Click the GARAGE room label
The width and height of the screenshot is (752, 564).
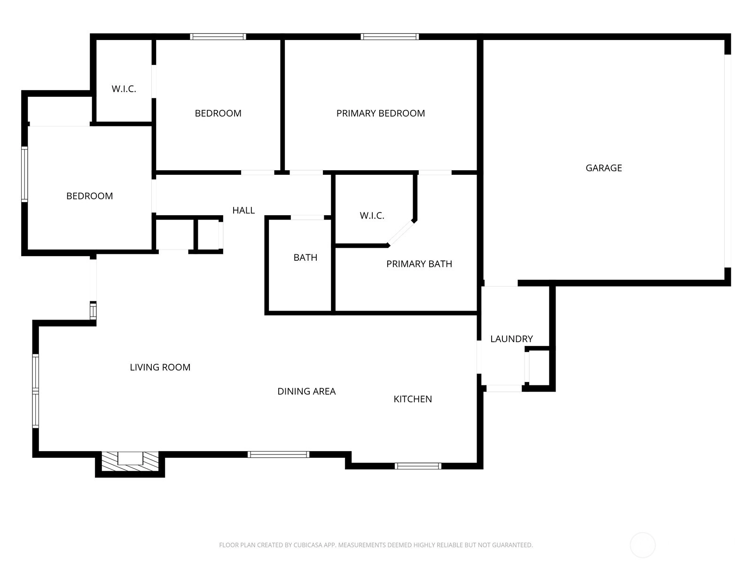(x=603, y=168)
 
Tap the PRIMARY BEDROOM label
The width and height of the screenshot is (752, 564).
(x=380, y=113)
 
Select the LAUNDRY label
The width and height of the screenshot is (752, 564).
(x=511, y=339)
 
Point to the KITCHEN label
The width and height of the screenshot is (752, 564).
(x=413, y=399)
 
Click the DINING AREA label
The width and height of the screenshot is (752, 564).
(x=306, y=391)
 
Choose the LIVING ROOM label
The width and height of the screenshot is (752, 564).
(x=160, y=367)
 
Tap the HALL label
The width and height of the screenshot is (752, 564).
(x=243, y=210)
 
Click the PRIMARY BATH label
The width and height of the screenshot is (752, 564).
(x=419, y=264)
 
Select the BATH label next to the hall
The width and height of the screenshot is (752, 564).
(x=305, y=258)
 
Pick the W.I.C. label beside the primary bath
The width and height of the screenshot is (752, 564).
(x=372, y=216)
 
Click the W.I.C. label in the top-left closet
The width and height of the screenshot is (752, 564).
(x=124, y=89)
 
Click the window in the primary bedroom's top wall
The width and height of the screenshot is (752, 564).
(x=390, y=37)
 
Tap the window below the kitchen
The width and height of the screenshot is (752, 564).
(x=418, y=466)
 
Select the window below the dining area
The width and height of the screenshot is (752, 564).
(x=278, y=454)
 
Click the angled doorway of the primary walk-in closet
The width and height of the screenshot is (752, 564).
(x=401, y=233)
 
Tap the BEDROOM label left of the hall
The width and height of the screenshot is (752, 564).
(x=89, y=196)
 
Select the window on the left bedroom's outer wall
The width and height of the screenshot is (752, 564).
(x=24, y=174)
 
